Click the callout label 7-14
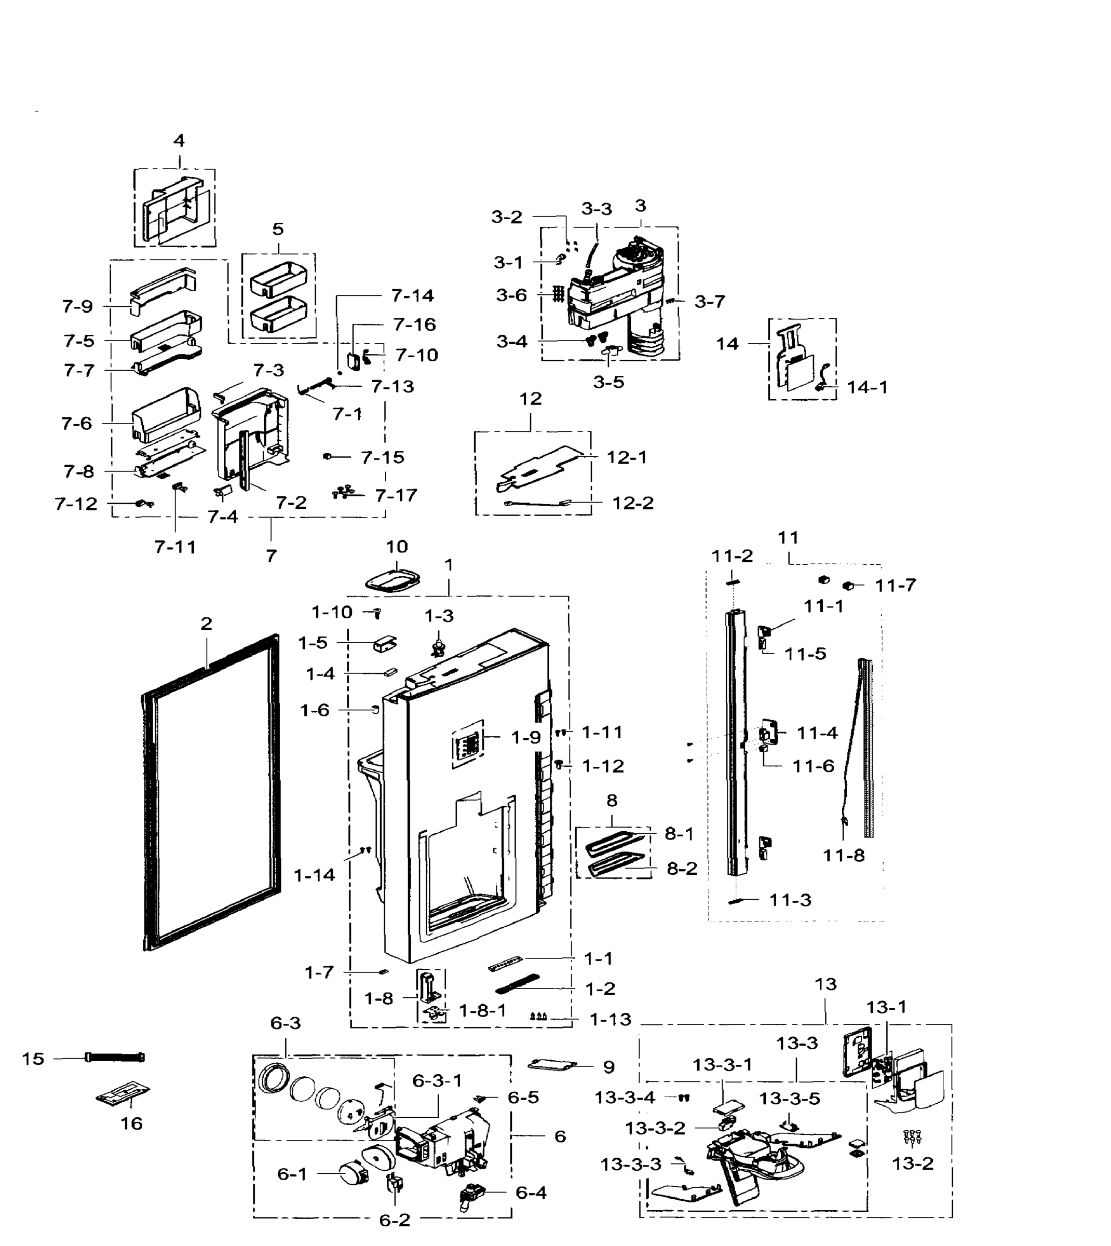coord(413,295)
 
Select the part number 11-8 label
coord(844,855)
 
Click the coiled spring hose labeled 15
coord(115,1058)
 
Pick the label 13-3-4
coord(625,1098)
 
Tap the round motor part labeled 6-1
coord(354,1174)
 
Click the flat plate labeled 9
coord(552,1065)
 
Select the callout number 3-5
coord(608,382)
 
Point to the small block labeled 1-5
coord(384,644)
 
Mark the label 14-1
coord(867,387)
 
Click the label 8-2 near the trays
coord(681,868)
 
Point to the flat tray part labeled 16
coord(124,1094)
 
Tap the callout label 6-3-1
coord(437,1080)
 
